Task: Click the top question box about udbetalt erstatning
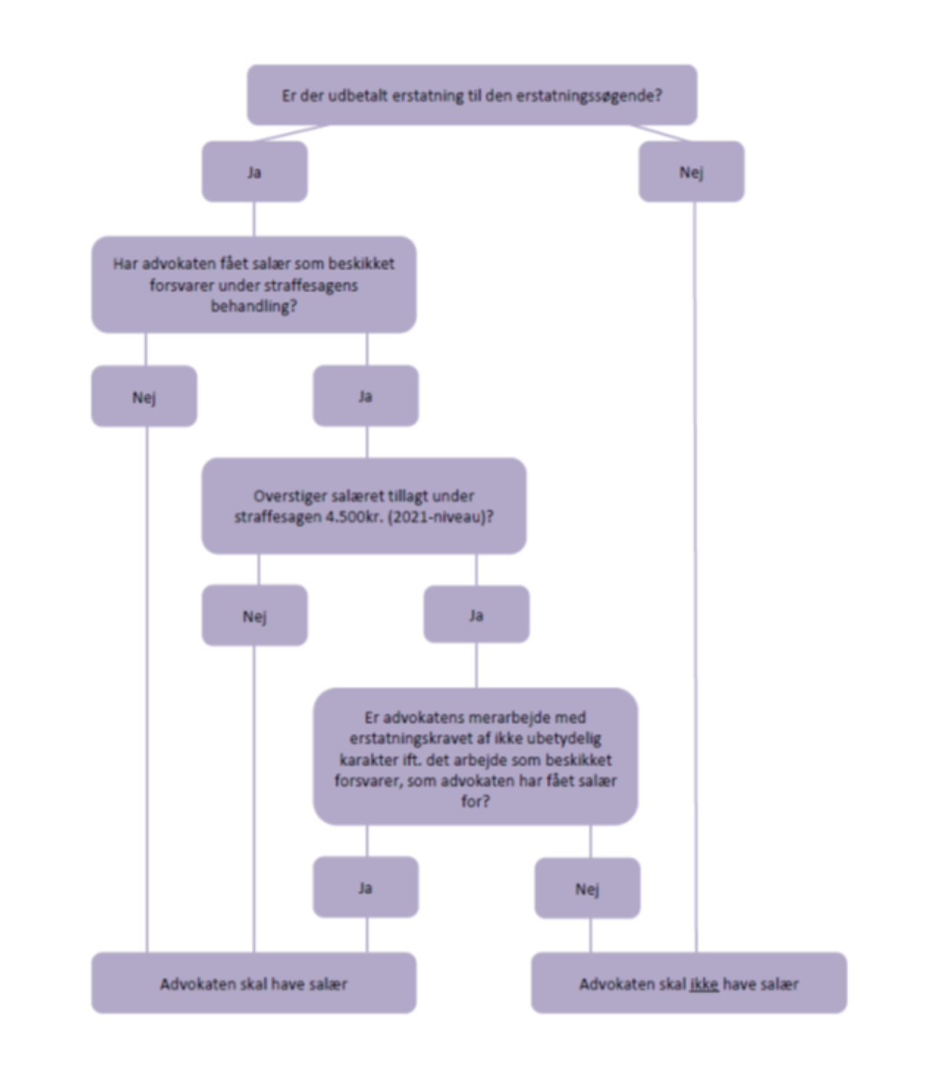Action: click(472, 95)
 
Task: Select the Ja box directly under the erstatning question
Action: click(254, 172)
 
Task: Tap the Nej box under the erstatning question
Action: click(691, 172)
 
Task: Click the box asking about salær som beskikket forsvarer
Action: click(253, 285)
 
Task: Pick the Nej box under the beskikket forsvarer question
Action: click(144, 397)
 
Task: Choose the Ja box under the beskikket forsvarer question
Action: click(365, 396)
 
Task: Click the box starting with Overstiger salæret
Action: click(364, 506)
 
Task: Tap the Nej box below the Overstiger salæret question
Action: click(254, 616)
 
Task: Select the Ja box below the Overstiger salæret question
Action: click(476, 615)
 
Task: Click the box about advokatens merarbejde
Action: click(476, 758)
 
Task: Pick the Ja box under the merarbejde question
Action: click(365, 887)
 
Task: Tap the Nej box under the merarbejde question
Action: click(587, 888)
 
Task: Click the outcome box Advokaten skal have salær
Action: click(253, 984)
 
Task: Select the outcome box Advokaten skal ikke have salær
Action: click(688, 984)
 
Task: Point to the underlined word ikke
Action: click(704, 984)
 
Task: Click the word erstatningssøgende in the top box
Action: click(589, 96)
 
